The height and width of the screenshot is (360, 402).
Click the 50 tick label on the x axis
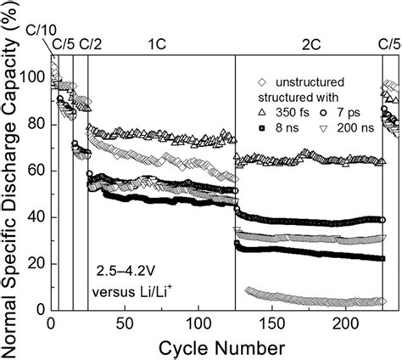[x=126, y=324]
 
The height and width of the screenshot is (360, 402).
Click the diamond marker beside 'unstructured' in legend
[x=263, y=82]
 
